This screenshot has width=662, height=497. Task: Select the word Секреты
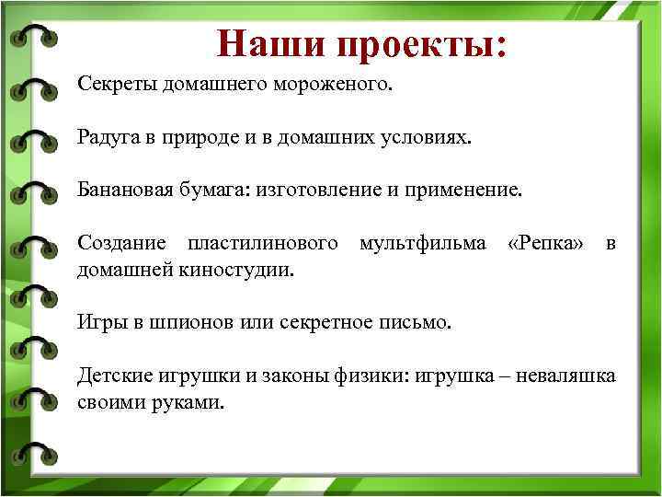coord(118,86)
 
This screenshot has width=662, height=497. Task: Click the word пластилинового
coord(263,244)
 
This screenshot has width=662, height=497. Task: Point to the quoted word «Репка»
coord(545,244)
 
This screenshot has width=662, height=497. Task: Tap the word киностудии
coord(247,271)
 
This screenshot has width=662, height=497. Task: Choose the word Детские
coord(114,376)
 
